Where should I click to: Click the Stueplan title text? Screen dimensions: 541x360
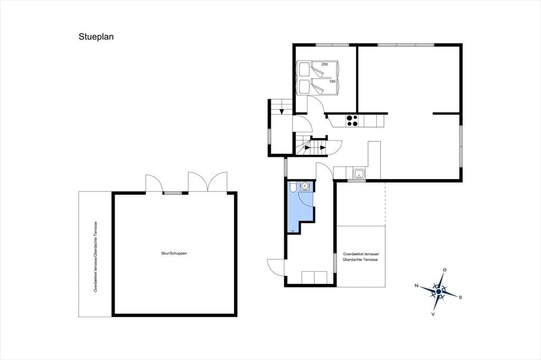[x=96, y=37]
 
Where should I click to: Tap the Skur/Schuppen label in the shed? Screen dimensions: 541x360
[x=174, y=253]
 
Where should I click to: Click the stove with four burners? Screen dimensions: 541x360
[x=352, y=121]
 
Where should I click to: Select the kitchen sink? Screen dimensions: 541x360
[x=359, y=173]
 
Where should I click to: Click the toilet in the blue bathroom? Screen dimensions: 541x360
[x=293, y=186]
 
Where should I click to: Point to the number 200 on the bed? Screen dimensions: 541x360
[x=324, y=64]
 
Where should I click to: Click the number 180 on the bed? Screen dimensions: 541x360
[x=332, y=81]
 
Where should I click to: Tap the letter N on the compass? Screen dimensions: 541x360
[x=416, y=286]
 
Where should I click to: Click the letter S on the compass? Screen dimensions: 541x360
[x=460, y=297]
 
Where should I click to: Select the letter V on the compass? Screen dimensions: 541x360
[x=433, y=314]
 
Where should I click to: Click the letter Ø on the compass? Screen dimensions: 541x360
[x=445, y=270]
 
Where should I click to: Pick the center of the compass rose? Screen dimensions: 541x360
[x=439, y=291]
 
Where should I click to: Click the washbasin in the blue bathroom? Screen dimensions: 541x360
[x=305, y=186]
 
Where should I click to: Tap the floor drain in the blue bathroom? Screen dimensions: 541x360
[x=293, y=231]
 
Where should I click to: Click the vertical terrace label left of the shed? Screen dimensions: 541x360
[x=96, y=257]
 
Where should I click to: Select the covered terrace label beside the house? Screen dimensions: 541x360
[x=360, y=257]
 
